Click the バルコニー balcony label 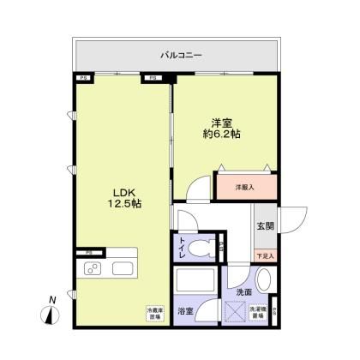coord(181,55)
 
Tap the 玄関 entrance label coord(265,226)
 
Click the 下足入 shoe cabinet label coord(265,255)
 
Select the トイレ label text coord(183,248)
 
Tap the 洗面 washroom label coord(243,291)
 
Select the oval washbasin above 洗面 coord(265,279)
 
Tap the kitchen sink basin coord(120,271)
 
